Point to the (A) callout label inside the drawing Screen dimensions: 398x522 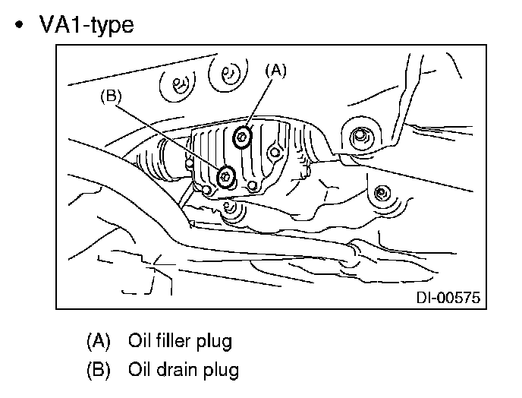click(275, 71)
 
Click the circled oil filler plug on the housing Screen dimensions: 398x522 click(243, 137)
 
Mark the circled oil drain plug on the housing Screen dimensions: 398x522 click(226, 177)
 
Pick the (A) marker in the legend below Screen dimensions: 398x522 click(99, 340)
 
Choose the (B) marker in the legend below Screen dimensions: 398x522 click(99, 370)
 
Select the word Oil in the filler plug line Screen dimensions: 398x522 click(140, 340)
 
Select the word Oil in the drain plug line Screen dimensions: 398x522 click(140, 370)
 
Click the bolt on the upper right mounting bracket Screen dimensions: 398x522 click(361, 137)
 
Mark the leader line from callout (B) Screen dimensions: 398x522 click(168, 137)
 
